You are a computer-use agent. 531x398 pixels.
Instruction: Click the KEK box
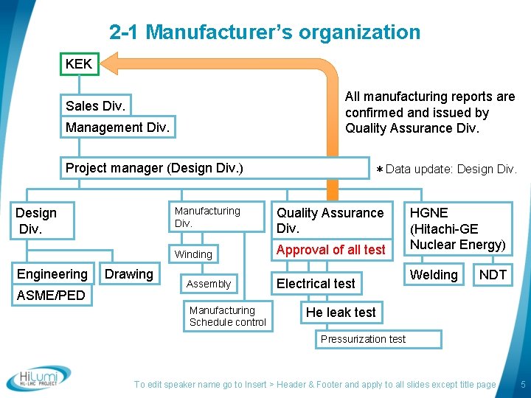pyautogui.click(x=79, y=64)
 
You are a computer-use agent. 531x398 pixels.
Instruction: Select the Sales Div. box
pyautogui.click(x=95, y=106)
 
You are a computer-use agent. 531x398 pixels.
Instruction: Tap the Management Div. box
pyautogui.click(x=117, y=128)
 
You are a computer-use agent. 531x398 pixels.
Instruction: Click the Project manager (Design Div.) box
pyautogui.click(x=154, y=168)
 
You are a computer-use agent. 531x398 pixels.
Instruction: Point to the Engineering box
pyautogui.click(x=52, y=274)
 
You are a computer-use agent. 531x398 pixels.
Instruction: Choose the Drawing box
pyautogui.click(x=129, y=274)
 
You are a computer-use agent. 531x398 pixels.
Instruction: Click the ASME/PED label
pyautogui.click(x=51, y=296)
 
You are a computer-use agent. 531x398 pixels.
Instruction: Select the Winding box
pyautogui.click(x=193, y=254)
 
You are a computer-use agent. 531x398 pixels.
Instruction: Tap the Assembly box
pyautogui.click(x=209, y=284)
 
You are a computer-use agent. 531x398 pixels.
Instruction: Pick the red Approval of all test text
pyautogui.click(x=330, y=250)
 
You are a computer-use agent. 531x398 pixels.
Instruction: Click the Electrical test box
pyautogui.click(x=316, y=284)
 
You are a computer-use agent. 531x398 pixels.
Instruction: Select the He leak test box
pyautogui.click(x=341, y=313)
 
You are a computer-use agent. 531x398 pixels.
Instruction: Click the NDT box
pyautogui.click(x=493, y=275)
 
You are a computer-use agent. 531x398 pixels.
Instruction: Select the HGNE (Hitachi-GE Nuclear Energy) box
pyautogui.click(x=457, y=228)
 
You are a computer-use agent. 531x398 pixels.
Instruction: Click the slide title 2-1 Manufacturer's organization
pyautogui.click(x=265, y=32)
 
